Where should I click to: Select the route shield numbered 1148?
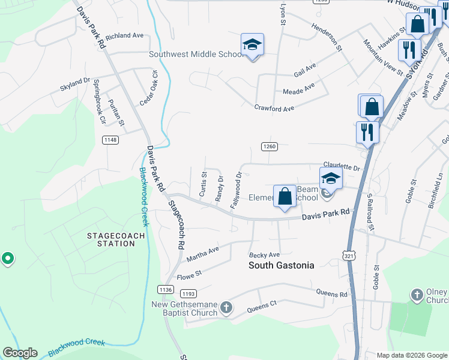[x=110, y=140]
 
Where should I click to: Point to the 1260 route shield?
[x=269, y=146]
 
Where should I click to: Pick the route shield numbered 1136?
[x=166, y=289]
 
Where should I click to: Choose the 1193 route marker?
[x=188, y=293]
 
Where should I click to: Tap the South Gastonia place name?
[x=282, y=265]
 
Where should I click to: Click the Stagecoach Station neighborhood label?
[x=116, y=239]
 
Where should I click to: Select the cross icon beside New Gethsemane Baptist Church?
[x=226, y=308]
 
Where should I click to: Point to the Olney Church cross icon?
[x=417, y=295]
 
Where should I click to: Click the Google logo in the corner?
[x=20, y=353]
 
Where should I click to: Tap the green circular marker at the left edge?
[x=7, y=258]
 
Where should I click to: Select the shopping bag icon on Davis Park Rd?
[x=285, y=196]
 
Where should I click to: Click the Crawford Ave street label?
[x=274, y=109]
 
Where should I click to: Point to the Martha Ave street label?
[x=203, y=254]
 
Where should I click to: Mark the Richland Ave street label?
[x=124, y=36]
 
